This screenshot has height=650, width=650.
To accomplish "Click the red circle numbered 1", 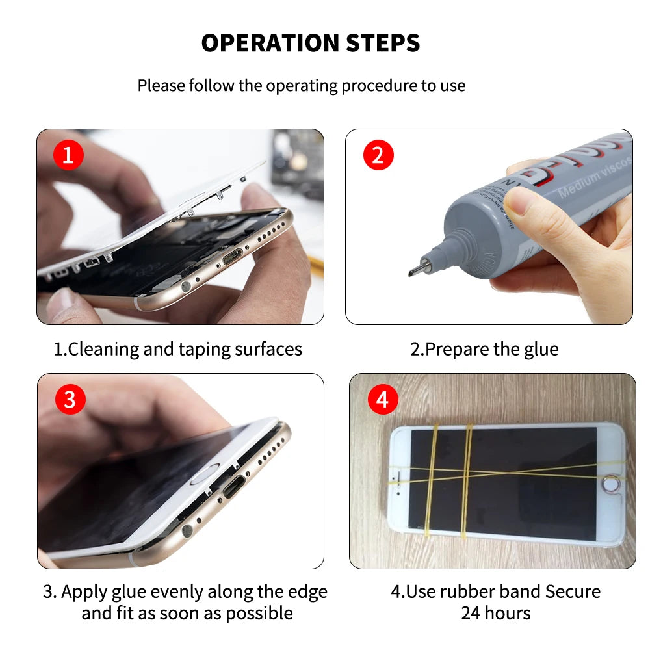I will click(68, 155).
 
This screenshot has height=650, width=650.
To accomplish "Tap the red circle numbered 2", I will click(378, 155).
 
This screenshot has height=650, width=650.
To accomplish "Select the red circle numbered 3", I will click(70, 400).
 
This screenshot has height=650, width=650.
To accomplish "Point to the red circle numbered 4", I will click(382, 400).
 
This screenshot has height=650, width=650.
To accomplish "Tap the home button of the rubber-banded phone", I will click(610, 484).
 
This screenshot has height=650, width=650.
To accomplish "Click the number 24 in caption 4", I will click(471, 613).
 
